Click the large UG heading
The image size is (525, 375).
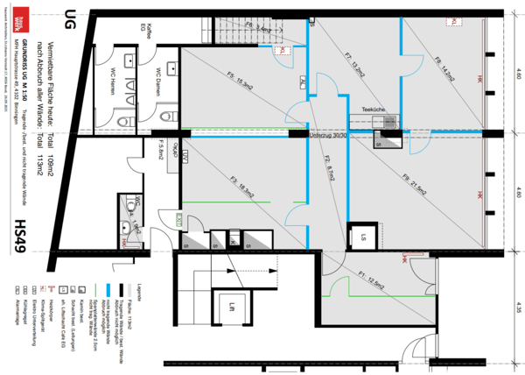coord(59,17)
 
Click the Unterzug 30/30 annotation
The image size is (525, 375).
coord(325,136)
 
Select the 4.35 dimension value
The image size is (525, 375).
coord(518,308)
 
